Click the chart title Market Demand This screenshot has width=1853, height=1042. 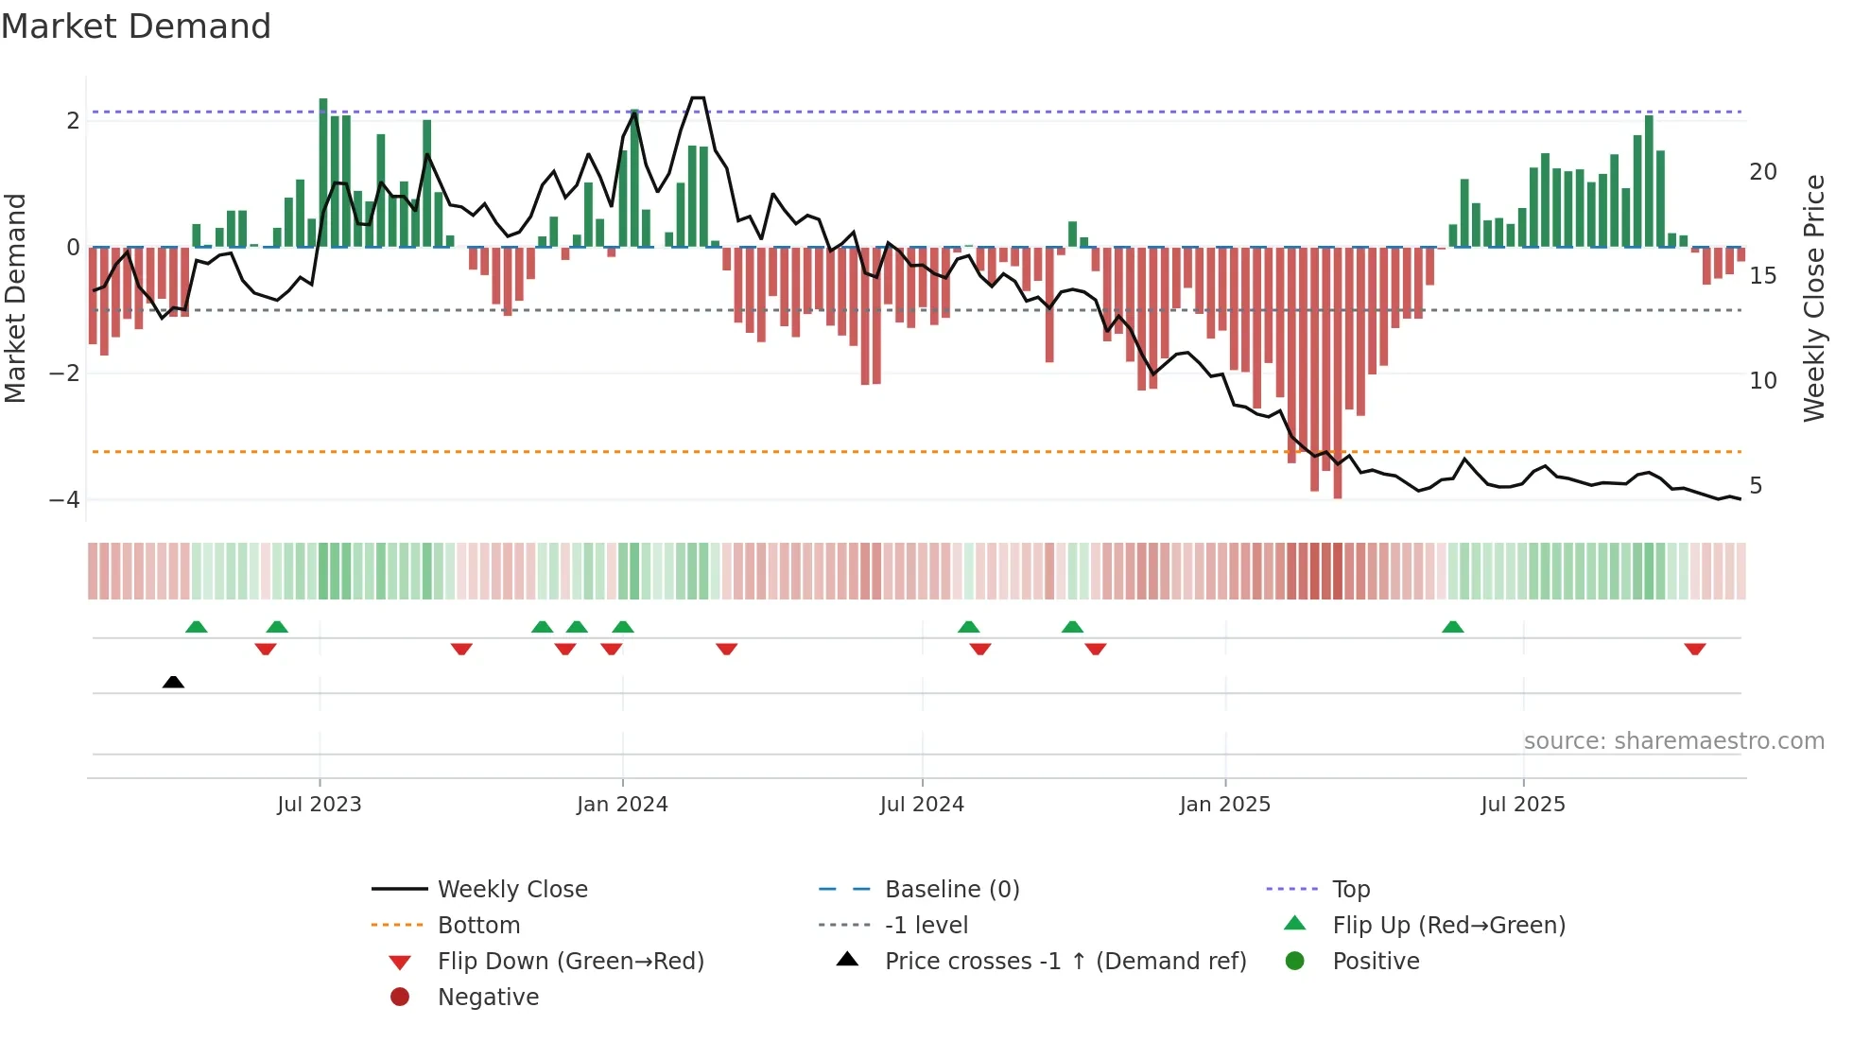coord(136,26)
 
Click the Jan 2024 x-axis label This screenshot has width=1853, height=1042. coord(622,805)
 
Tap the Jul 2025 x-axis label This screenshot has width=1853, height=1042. coord(1523,805)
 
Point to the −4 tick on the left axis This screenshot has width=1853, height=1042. coord(64,499)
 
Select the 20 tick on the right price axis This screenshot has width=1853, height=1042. coord(1762,172)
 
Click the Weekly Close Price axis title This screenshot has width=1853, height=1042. coord(1813,298)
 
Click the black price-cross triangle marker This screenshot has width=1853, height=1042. coord(173,682)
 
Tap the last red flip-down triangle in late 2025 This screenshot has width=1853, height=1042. coord(1694,650)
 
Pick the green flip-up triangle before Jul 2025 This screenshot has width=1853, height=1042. coord(1453,627)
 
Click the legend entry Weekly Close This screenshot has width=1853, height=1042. coord(511,890)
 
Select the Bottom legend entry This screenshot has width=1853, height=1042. coord(478,926)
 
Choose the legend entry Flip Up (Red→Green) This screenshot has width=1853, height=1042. coord(1448,926)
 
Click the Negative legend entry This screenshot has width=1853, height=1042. coord(488,998)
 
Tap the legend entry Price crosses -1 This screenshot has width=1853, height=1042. coord(1065,962)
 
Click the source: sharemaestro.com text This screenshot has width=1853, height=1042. coord(1673,741)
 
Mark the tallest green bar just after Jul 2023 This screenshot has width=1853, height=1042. coord(323,170)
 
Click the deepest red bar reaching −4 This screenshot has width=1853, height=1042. coord(1338,373)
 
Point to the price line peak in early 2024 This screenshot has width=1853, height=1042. coord(698,98)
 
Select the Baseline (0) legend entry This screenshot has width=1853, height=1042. coord(951,890)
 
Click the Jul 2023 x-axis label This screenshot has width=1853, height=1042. coord(320,805)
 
